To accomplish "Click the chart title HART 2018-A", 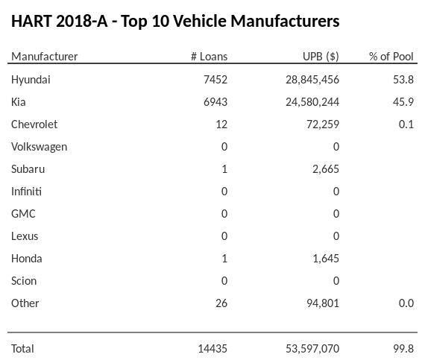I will tap(175, 21).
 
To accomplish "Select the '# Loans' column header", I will tap(209, 57).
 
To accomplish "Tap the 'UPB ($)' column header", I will tap(321, 57).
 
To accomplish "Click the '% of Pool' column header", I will tap(391, 57).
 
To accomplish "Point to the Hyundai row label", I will tap(31, 79).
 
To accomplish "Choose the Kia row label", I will tap(19, 101).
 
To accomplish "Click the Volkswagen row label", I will tap(39, 146).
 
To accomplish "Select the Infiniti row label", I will tap(26, 191).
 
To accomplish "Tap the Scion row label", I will tap(24, 280).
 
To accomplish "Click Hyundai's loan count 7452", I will tap(213, 79).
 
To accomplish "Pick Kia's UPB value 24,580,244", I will tap(307, 101).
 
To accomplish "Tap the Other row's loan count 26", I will tap(221, 303).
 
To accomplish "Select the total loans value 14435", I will tap(211, 348).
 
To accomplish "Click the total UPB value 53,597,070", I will tap(307, 348).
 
